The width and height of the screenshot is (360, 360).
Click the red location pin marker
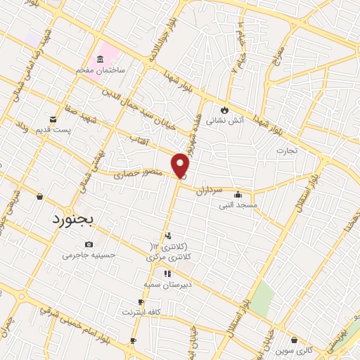pyautogui.click(x=181, y=165)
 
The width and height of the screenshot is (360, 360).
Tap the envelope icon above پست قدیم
pyautogui.click(x=53, y=119)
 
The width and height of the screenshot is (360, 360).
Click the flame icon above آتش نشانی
pyautogui.click(x=224, y=110)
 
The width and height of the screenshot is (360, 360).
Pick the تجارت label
pyautogui.click(x=287, y=150)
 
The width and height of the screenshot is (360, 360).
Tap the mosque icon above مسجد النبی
pyautogui.click(x=238, y=194)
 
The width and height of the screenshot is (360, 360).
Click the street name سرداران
pyautogui.click(x=209, y=191)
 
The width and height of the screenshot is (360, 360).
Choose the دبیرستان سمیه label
pyautogui.click(x=168, y=284)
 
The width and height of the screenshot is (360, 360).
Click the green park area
pyautogui.click(x=262, y=299)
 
